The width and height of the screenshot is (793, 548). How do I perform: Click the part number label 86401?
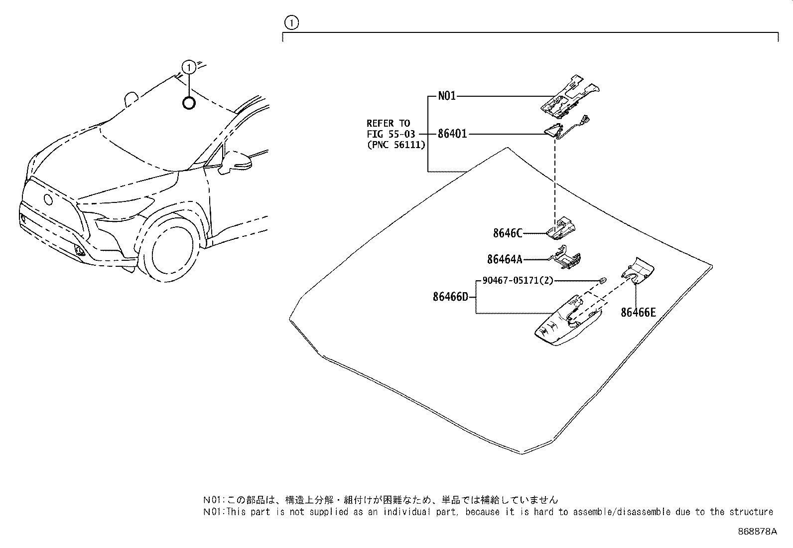point(452,134)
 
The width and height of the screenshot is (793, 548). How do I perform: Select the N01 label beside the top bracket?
point(447,96)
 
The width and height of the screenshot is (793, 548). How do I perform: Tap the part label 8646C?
point(508,233)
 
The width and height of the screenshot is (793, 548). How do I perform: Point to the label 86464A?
point(505,259)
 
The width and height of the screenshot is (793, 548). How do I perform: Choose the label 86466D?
point(450,297)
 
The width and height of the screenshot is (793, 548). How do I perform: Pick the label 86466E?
point(638,313)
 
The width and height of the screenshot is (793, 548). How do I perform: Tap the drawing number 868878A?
point(757,532)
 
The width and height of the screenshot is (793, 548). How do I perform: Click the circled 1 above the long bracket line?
point(291,22)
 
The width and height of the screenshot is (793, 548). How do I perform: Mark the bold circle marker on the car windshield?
point(189,103)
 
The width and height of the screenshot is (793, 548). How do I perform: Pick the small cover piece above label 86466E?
point(638,270)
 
